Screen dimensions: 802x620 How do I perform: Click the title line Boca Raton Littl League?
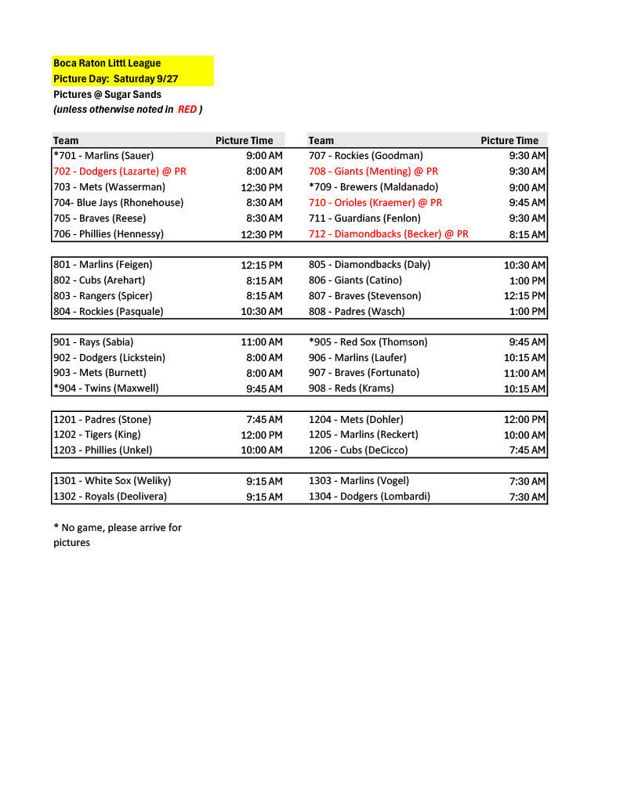pyautogui.click(x=107, y=63)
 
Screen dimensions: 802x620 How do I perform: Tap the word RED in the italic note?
pyautogui.click(x=187, y=110)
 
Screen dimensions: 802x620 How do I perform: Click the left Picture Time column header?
pyautogui.click(x=245, y=140)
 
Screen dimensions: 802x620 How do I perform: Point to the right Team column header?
pyautogui.click(x=321, y=140)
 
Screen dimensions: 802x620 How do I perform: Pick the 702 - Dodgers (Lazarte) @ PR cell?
pyautogui.click(x=120, y=171)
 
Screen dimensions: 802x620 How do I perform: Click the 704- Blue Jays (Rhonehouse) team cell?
pyautogui.click(x=118, y=202)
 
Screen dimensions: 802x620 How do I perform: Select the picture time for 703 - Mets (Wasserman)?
pyautogui.click(x=262, y=187)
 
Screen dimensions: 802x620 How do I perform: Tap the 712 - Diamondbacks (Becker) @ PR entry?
pyautogui.click(x=388, y=233)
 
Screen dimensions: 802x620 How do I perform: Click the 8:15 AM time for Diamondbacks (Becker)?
pyautogui.click(x=527, y=234)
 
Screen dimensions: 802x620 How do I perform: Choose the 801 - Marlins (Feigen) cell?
pyautogui.click(x=103, y=265)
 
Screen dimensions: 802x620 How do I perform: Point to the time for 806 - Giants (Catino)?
pyautogui.click(x=528, y=280)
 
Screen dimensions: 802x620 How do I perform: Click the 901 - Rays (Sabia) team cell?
pyautogui.click(x=93, y=341)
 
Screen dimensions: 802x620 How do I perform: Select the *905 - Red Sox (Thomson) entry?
pyautogui.click(x=368, y=341)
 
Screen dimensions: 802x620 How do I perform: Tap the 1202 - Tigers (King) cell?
pyautogui.click(x=96, y=434)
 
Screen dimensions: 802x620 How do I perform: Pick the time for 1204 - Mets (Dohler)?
pyautogui.click(x=524, y=420)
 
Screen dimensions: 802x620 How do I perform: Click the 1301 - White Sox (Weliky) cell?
pyautogui.click(x=112, y=481)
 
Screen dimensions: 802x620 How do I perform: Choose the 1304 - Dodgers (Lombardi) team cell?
pyautogui.click(x=369, y=496)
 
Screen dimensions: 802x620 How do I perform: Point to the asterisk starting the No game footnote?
pyautogui.click(x=56, y=528)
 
